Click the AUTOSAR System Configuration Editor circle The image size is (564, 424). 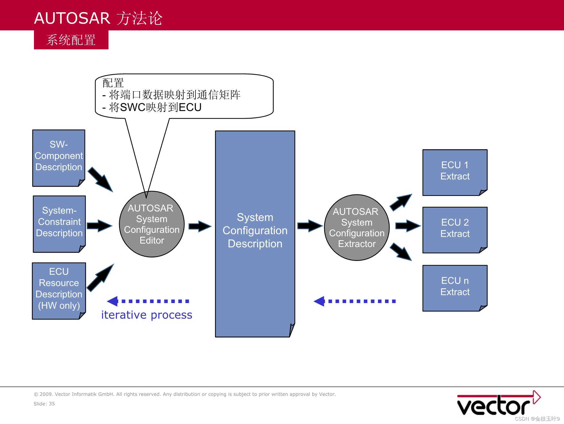(152, 224)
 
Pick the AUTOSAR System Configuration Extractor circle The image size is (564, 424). (357, 227)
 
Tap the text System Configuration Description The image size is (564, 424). (255, 231)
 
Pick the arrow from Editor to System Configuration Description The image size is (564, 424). (200, 226)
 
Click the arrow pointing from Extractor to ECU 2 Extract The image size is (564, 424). (408, 226)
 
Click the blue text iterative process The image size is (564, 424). (147, 315)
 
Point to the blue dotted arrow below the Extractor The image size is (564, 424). (355, 301)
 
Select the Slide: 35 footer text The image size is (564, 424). (44, 404)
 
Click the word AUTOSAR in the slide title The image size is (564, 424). (72, 18)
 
